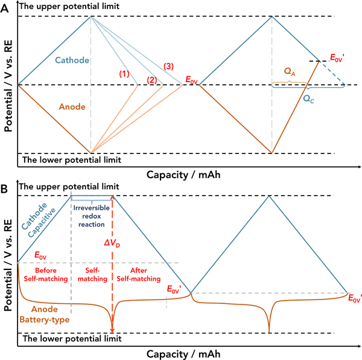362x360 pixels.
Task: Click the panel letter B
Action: (5, 189)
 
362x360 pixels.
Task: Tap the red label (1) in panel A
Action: (124, 74)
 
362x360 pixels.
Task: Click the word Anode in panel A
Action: (72, 106)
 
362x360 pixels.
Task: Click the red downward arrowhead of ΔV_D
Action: (112, 329)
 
